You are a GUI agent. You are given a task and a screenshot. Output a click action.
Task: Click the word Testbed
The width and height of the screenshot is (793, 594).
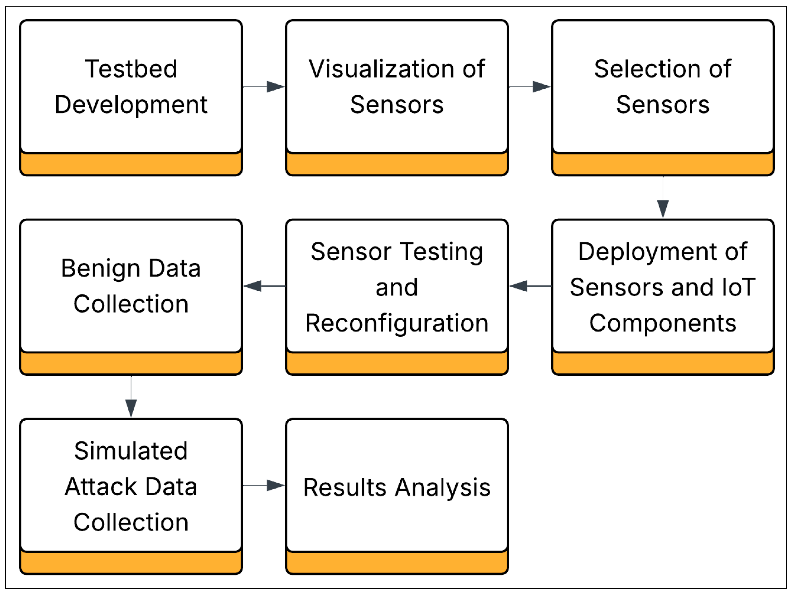click(131, 69)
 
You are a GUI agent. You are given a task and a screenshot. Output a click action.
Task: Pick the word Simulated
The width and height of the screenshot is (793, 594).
click(131, 451)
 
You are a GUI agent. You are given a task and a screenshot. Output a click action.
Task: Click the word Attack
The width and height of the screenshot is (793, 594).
click(101, 487)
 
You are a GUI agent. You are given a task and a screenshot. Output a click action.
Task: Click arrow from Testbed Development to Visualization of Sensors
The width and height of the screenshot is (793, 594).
click(264, 87)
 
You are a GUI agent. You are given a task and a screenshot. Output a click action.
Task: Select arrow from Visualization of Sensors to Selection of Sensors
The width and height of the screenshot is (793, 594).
click(530, 87)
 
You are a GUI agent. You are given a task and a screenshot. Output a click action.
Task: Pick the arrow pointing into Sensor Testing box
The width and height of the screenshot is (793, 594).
click(530, 286)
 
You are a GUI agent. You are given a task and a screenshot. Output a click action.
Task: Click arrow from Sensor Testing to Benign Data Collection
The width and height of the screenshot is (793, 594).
click(264, 286)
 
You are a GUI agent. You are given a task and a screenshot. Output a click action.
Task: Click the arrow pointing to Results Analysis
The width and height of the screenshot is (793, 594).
click(264, 485)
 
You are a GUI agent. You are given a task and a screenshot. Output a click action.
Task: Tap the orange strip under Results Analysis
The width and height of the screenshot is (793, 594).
click(397, 563)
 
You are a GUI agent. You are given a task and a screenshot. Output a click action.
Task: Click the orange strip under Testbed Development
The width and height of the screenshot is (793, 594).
click(131, 164)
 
